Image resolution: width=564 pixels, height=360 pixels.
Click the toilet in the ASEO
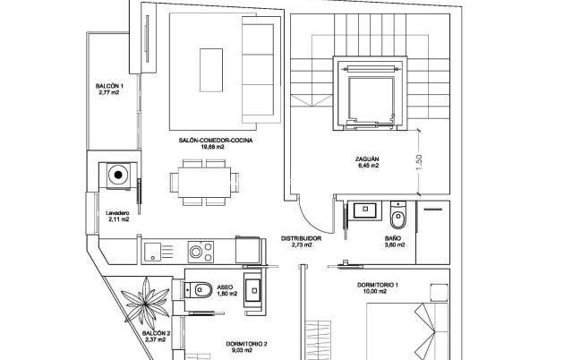click(201, 288)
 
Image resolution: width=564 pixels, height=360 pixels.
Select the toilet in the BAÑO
click(400, 215)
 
